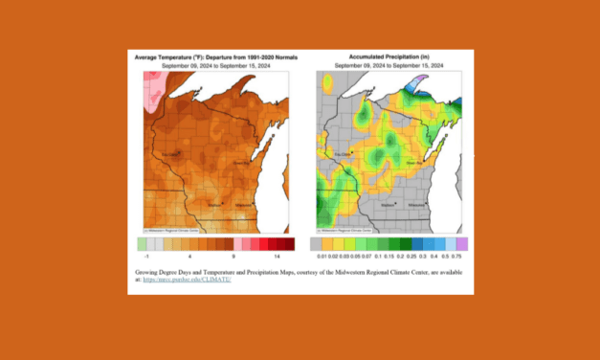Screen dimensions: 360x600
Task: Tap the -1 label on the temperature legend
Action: (145, 258)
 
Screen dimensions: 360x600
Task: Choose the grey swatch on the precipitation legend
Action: (317, 244)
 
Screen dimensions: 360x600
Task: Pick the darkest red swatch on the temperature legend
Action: (289, 244)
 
